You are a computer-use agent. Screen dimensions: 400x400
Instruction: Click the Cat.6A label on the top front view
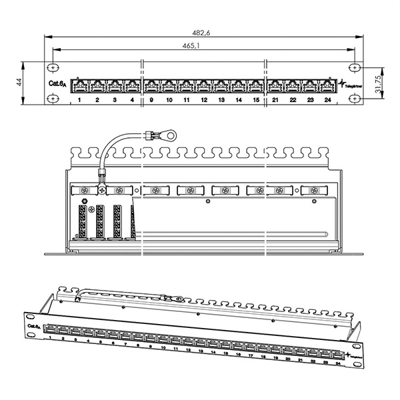[x=57, y=83]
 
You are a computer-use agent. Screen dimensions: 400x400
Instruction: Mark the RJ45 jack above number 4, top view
[x=132, y=85]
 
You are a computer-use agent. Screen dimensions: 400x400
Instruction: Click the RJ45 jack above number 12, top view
[x=204, y=85]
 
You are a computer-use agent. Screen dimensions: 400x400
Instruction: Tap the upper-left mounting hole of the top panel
[x=53, y=67]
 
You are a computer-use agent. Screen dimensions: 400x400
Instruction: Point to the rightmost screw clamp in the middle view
[x=313, y=191]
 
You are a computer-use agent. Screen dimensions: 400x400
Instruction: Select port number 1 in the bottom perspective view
[x=51, y=337]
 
